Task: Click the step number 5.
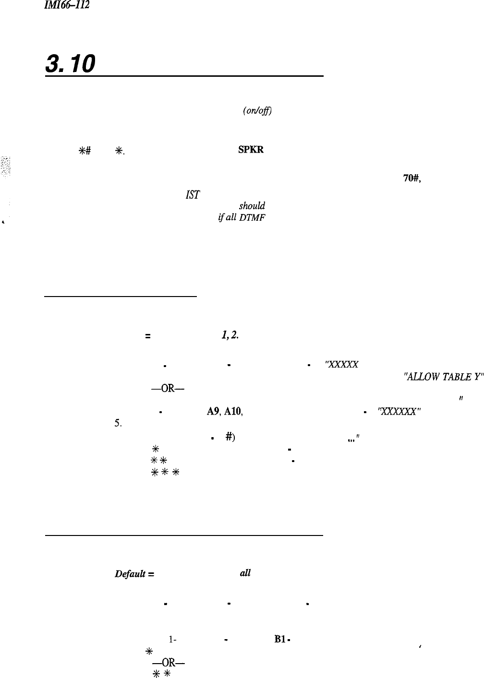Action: [117, 410]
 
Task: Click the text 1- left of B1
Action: [171, 639]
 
